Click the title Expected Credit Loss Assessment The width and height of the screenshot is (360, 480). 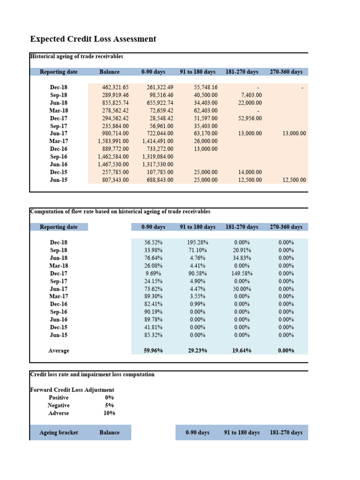click(x=93, y=39)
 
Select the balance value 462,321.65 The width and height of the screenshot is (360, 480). click(x=115, y=87)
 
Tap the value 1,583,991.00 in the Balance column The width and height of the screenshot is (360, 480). click(x=113, y=141)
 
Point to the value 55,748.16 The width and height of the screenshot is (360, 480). click(x=205, y=87)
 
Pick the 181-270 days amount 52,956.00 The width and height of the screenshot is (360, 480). click(x=250, y=118)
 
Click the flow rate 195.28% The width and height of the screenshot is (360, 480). click(x=197, y=242)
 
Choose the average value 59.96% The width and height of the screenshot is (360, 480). click(x=153, y=351)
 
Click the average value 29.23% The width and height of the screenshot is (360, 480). click(x=197, y=351)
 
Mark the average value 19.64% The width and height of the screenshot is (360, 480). click(x=242, y=351)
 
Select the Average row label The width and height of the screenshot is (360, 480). click(x=59, y=351)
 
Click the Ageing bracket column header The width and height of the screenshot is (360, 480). click(x=59, y=433)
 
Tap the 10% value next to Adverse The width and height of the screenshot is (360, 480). click(x=109, y=413)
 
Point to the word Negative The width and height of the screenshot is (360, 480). click(x=59, y=405)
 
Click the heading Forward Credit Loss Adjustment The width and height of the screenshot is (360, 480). click(x=72, y=390)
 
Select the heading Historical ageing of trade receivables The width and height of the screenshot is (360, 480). click(x=76, y=56)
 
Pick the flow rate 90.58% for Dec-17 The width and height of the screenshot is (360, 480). click(x=197, y=273)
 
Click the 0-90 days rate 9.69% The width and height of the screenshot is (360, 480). click(x=153, y=273)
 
